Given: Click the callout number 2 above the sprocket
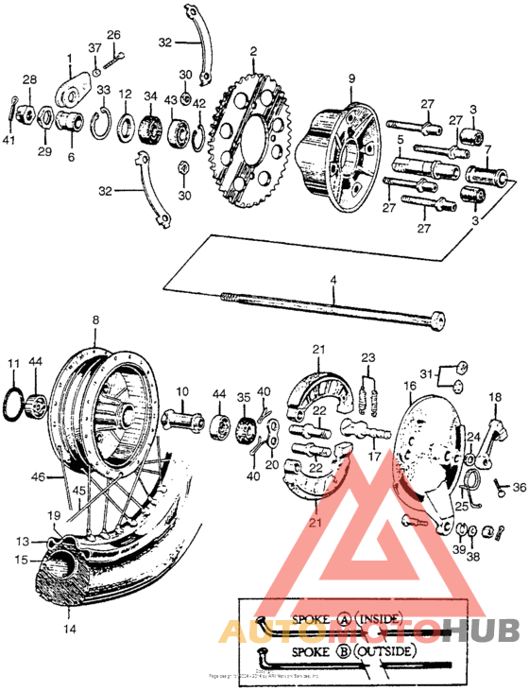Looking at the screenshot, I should point(253,50).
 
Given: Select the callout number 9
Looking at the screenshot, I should point(350,78).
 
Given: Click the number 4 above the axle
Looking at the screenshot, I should point(332,280).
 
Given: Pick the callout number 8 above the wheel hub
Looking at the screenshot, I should point(94,321).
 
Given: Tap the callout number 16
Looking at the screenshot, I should point(409,386).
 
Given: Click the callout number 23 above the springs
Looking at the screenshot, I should point(368,357).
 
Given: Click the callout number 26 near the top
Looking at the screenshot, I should point(113,35).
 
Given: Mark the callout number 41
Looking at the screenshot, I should point(9,140).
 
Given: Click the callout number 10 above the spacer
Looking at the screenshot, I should point(181,390).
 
